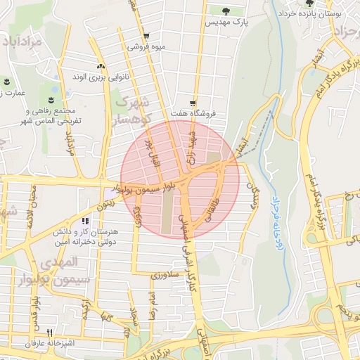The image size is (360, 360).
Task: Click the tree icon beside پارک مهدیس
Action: [226, 11]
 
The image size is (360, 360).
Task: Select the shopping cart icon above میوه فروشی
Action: [146, 36]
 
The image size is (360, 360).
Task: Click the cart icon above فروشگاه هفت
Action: [193, 101]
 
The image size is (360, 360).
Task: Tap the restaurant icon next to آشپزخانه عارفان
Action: [49, 333]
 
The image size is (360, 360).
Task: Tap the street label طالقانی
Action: [210, 211]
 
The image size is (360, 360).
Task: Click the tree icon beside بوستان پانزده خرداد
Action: [309, 4]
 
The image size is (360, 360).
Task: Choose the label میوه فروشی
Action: [146, 47]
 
